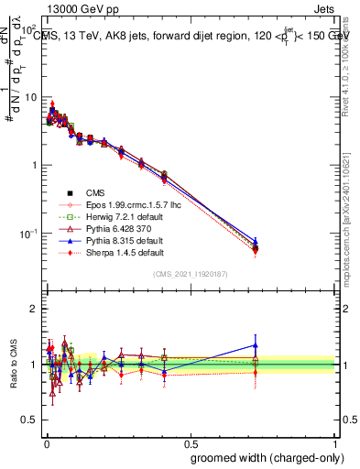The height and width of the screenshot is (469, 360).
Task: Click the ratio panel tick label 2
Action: tap(35, 309)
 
